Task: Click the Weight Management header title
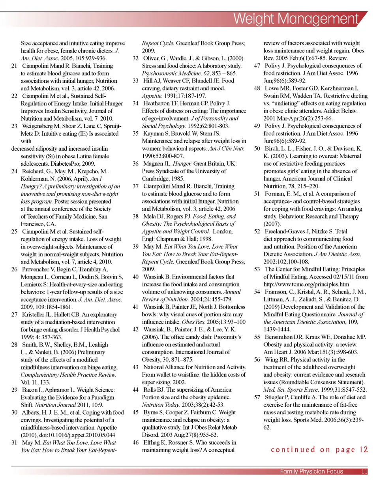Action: point(300,19)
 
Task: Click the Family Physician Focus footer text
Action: point(311,472)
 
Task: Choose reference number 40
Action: point(135,277)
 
